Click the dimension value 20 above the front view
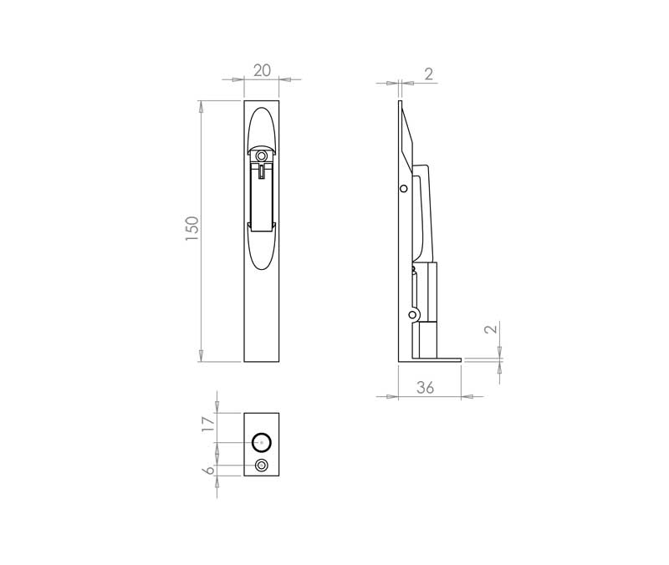pos(262,71)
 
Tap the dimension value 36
pos(426,387)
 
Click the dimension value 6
pos(209,471)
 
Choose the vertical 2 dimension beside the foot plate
pos(491,328)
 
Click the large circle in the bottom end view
pos(262,442)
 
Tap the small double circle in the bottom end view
pos(262,466)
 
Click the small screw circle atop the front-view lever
pos(262,156)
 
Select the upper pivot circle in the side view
pos(404,190)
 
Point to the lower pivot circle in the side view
pos(412,315)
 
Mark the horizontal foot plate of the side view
pos(431,359)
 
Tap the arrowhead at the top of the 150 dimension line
pos(200,106)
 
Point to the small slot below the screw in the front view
pos(263,171)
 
